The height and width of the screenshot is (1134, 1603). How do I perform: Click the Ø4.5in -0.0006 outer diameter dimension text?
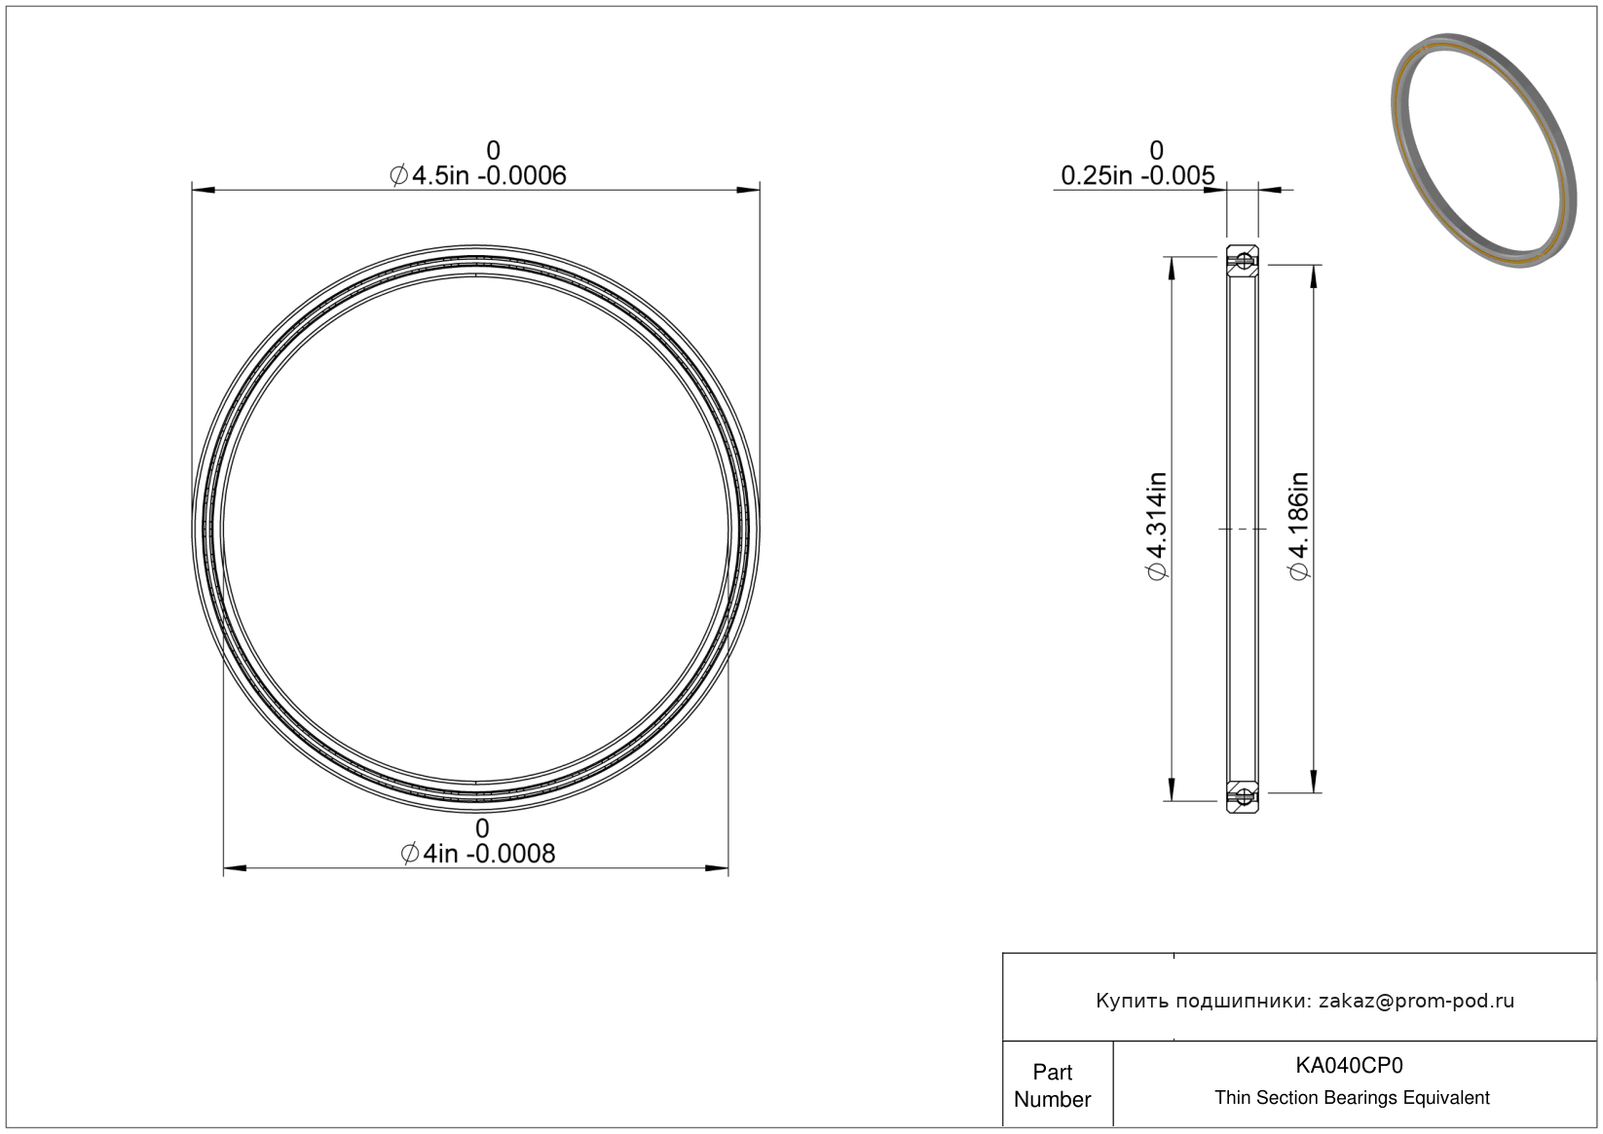(x=478, y=175)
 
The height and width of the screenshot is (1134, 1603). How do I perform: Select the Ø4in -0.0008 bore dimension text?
(x=478, y=854)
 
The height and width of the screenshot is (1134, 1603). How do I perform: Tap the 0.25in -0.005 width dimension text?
(x=1137, y=175)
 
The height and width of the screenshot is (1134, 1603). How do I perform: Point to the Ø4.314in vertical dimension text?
(x=1157, y=526)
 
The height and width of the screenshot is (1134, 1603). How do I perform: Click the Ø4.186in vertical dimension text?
(x=1299, y=526)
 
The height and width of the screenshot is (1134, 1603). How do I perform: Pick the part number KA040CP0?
(x=1349, y=1065)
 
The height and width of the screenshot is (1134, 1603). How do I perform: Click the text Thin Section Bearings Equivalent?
(x=1352, y=1098)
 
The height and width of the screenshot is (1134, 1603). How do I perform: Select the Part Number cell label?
(x=1053, y=1085)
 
